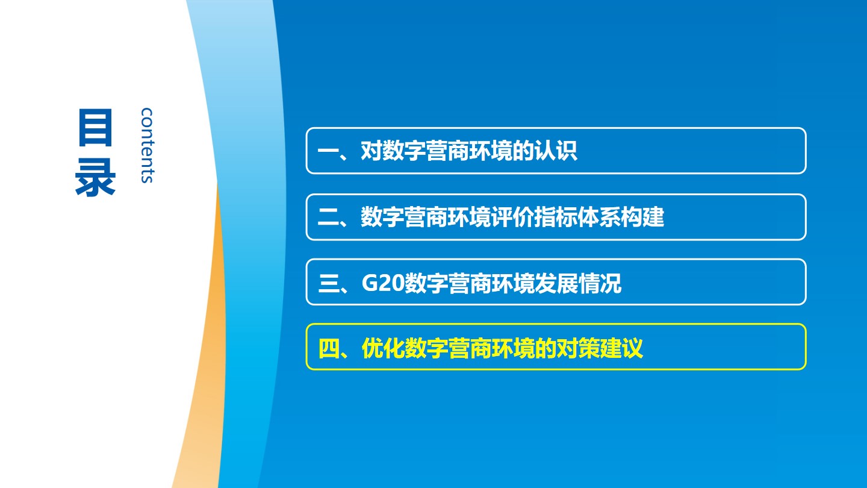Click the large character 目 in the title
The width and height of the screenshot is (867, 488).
95,128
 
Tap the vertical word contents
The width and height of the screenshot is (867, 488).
147,145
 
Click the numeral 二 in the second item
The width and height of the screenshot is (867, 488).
328,217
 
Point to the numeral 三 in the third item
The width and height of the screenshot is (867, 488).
328,283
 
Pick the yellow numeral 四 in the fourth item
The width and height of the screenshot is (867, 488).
328,348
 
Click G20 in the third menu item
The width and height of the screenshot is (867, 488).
383,283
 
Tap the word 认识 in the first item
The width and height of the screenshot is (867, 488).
555,151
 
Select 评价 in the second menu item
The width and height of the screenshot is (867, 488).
512,217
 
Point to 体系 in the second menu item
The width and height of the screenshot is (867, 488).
598,217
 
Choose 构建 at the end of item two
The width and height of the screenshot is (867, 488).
642,217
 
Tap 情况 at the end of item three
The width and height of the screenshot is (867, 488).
600,283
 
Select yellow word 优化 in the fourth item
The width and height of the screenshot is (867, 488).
383,348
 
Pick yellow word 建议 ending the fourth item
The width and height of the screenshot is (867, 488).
621,348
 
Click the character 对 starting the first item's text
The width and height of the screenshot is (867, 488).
371,151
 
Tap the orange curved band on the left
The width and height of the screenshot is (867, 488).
209,349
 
